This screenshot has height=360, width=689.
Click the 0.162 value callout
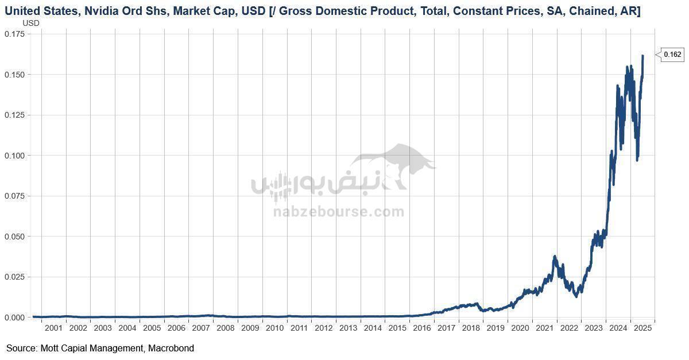(x=672, y=55)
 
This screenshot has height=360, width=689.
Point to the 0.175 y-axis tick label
(x=14, y=34)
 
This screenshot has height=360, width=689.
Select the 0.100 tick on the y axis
(x=14, y=156)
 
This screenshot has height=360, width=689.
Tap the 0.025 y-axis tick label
(x=14, y=277)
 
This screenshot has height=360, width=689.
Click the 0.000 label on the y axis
(x=14, y=318)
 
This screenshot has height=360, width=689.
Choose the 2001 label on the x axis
(x=53, y=328)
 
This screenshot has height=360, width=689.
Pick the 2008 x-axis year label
(x=226, y=328)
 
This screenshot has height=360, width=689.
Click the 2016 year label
(x=422, y=328)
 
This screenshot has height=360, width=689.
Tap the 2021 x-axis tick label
(x=545, y=328)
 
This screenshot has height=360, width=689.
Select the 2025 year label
(x=642, y=328)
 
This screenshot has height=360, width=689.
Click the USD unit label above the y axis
(x=31, y=22)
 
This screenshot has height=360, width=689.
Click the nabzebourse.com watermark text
(x=338, y=212)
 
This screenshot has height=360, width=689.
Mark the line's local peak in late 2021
(x=555, y=257)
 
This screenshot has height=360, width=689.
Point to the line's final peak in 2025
(x=642, y=56)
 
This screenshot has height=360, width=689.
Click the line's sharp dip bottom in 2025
(x=637, y=160)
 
